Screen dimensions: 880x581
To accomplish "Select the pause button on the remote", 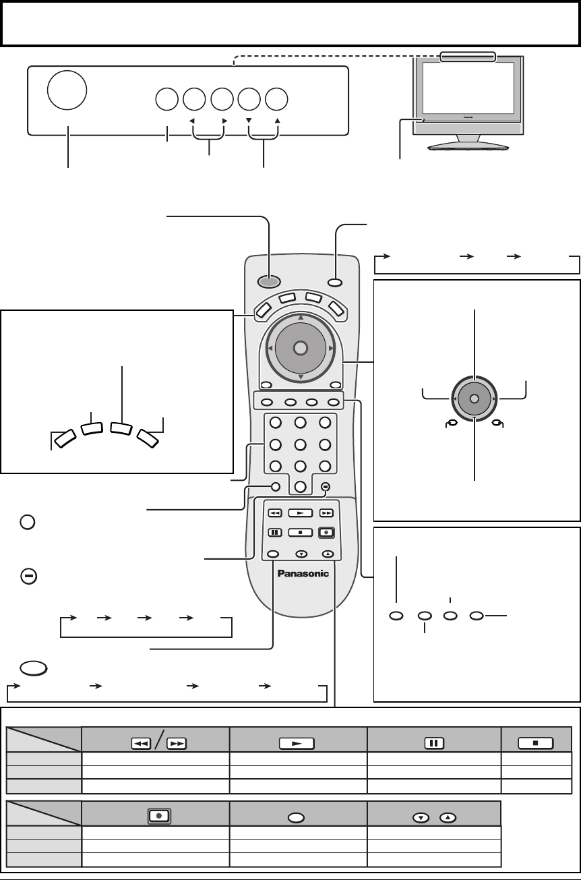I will pyautogui.click(x=275, y=531).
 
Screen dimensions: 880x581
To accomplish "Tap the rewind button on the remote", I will pyautogui.click(x=275, y=512).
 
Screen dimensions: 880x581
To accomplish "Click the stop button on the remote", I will pyautogui.click(x=301, y=531).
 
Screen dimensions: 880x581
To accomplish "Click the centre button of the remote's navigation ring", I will pyautogui.click(x=301, y=348).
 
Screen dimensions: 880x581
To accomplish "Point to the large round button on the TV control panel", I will pyautogui.click(x=67, y=88).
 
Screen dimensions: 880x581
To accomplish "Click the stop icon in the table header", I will pyautogui.click(x=536, y=743).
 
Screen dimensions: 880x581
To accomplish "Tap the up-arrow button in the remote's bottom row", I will pyautogui.click(x=327, y=553).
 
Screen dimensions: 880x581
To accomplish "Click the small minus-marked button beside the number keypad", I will pyautogui.click(x=325, y=486).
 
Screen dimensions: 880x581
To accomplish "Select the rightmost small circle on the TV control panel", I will pyautogui.click(x=276, y=99).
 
